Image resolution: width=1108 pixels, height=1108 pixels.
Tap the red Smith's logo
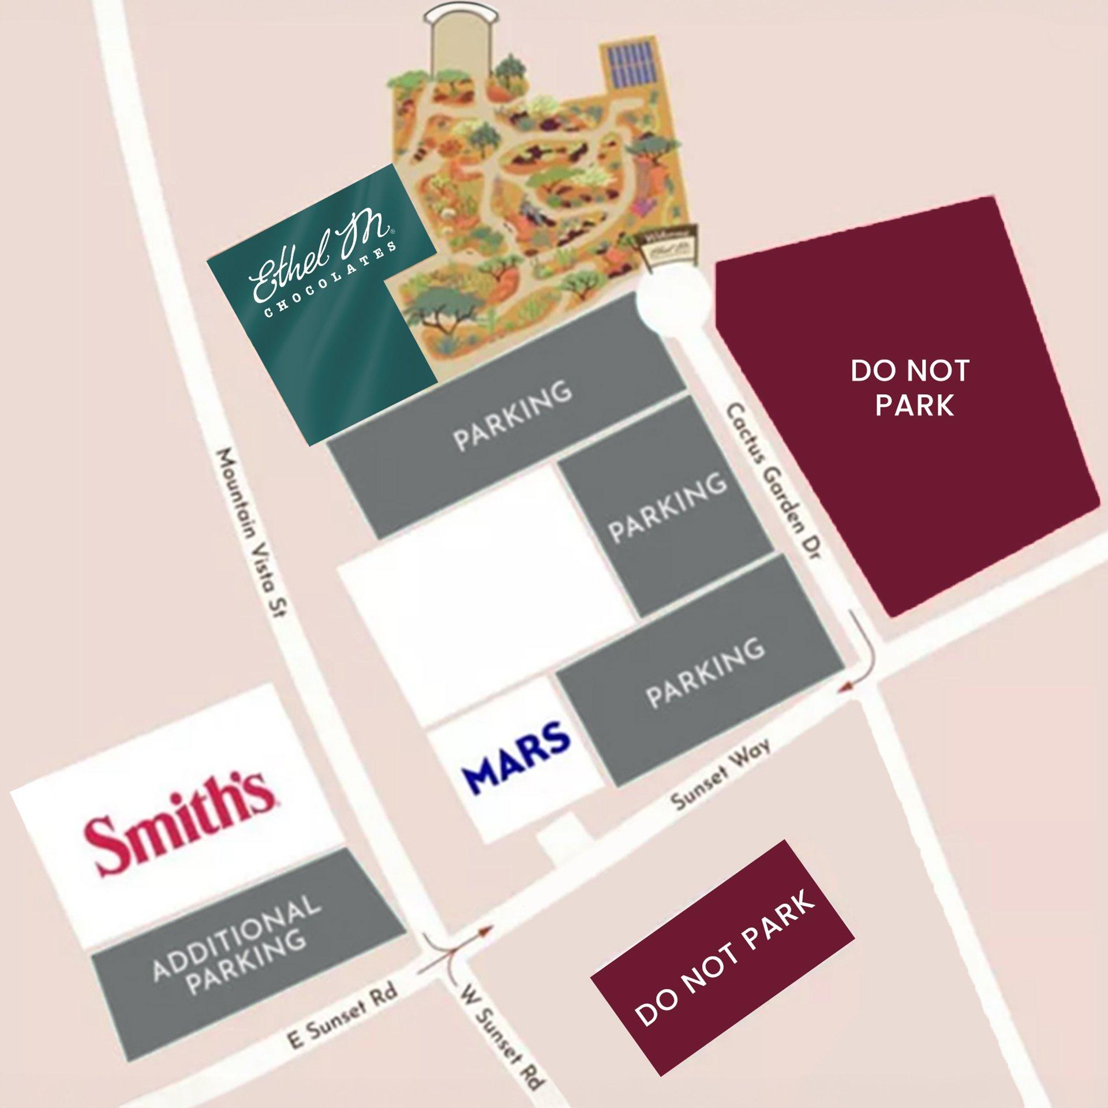pyautogui.click(x=179, y=824)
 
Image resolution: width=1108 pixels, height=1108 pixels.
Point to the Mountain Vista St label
pyautogui.click(x=251, y=533)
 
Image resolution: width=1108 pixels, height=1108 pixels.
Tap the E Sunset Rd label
pyautogui.click(x=343, y=1015)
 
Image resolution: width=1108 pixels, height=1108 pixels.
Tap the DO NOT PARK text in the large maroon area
pyautogui.click(x=910, y=388)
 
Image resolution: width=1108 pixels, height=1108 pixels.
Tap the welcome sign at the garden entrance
pyautogui.click(x=669, y=246)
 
